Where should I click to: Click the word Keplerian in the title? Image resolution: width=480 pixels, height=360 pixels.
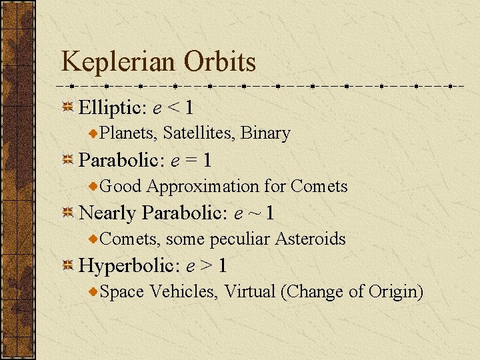[x=118, y=63]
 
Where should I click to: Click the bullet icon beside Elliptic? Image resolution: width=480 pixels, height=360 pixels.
[x=67, y=107]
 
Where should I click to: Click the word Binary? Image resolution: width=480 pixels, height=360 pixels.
[x=265, y=133]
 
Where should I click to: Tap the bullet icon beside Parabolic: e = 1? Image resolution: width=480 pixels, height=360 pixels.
[x=67, y=160]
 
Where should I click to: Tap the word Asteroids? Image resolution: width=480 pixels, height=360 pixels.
[x=311, y=239]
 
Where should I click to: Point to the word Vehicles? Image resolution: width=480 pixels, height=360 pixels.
[x=184, y=291]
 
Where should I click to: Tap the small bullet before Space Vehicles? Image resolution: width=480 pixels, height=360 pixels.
[x=94, y=291]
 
